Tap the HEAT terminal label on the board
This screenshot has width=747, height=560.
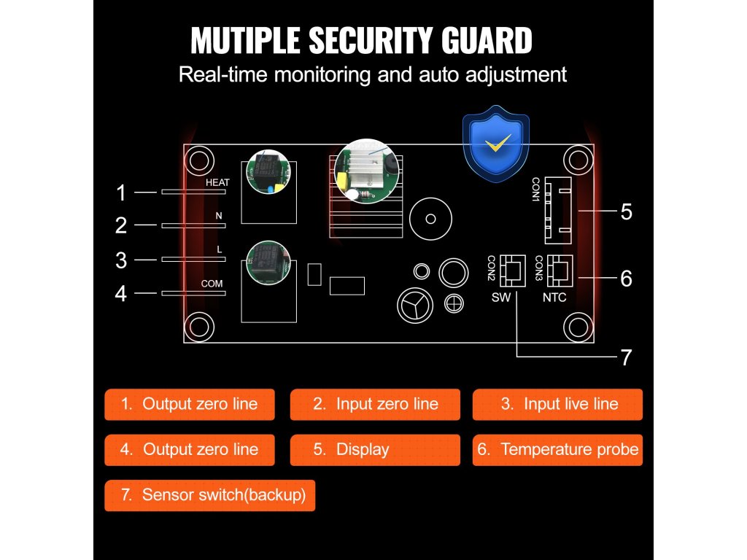coord(217,182)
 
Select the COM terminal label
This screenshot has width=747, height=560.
coord(212,283)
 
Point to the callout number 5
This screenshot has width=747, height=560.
coord(626,212)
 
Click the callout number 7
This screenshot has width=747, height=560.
coord(626,357)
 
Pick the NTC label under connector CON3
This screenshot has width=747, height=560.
coord(554,297)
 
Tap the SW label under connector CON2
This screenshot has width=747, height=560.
coord(501,297)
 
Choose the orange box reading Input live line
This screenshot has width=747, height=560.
coord(557,404)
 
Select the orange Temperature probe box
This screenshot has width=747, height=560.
coord(557,450)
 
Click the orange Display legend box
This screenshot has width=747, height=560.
coord(375,450)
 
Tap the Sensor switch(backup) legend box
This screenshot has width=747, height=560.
coord(210,495)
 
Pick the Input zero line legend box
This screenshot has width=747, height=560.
coord(375,404)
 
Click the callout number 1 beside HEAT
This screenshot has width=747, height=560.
coord(121,193)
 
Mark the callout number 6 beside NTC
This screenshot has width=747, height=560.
coord(626,279)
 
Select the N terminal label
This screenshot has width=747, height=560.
coord(218,216)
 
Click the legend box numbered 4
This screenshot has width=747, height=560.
coord(190,450)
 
